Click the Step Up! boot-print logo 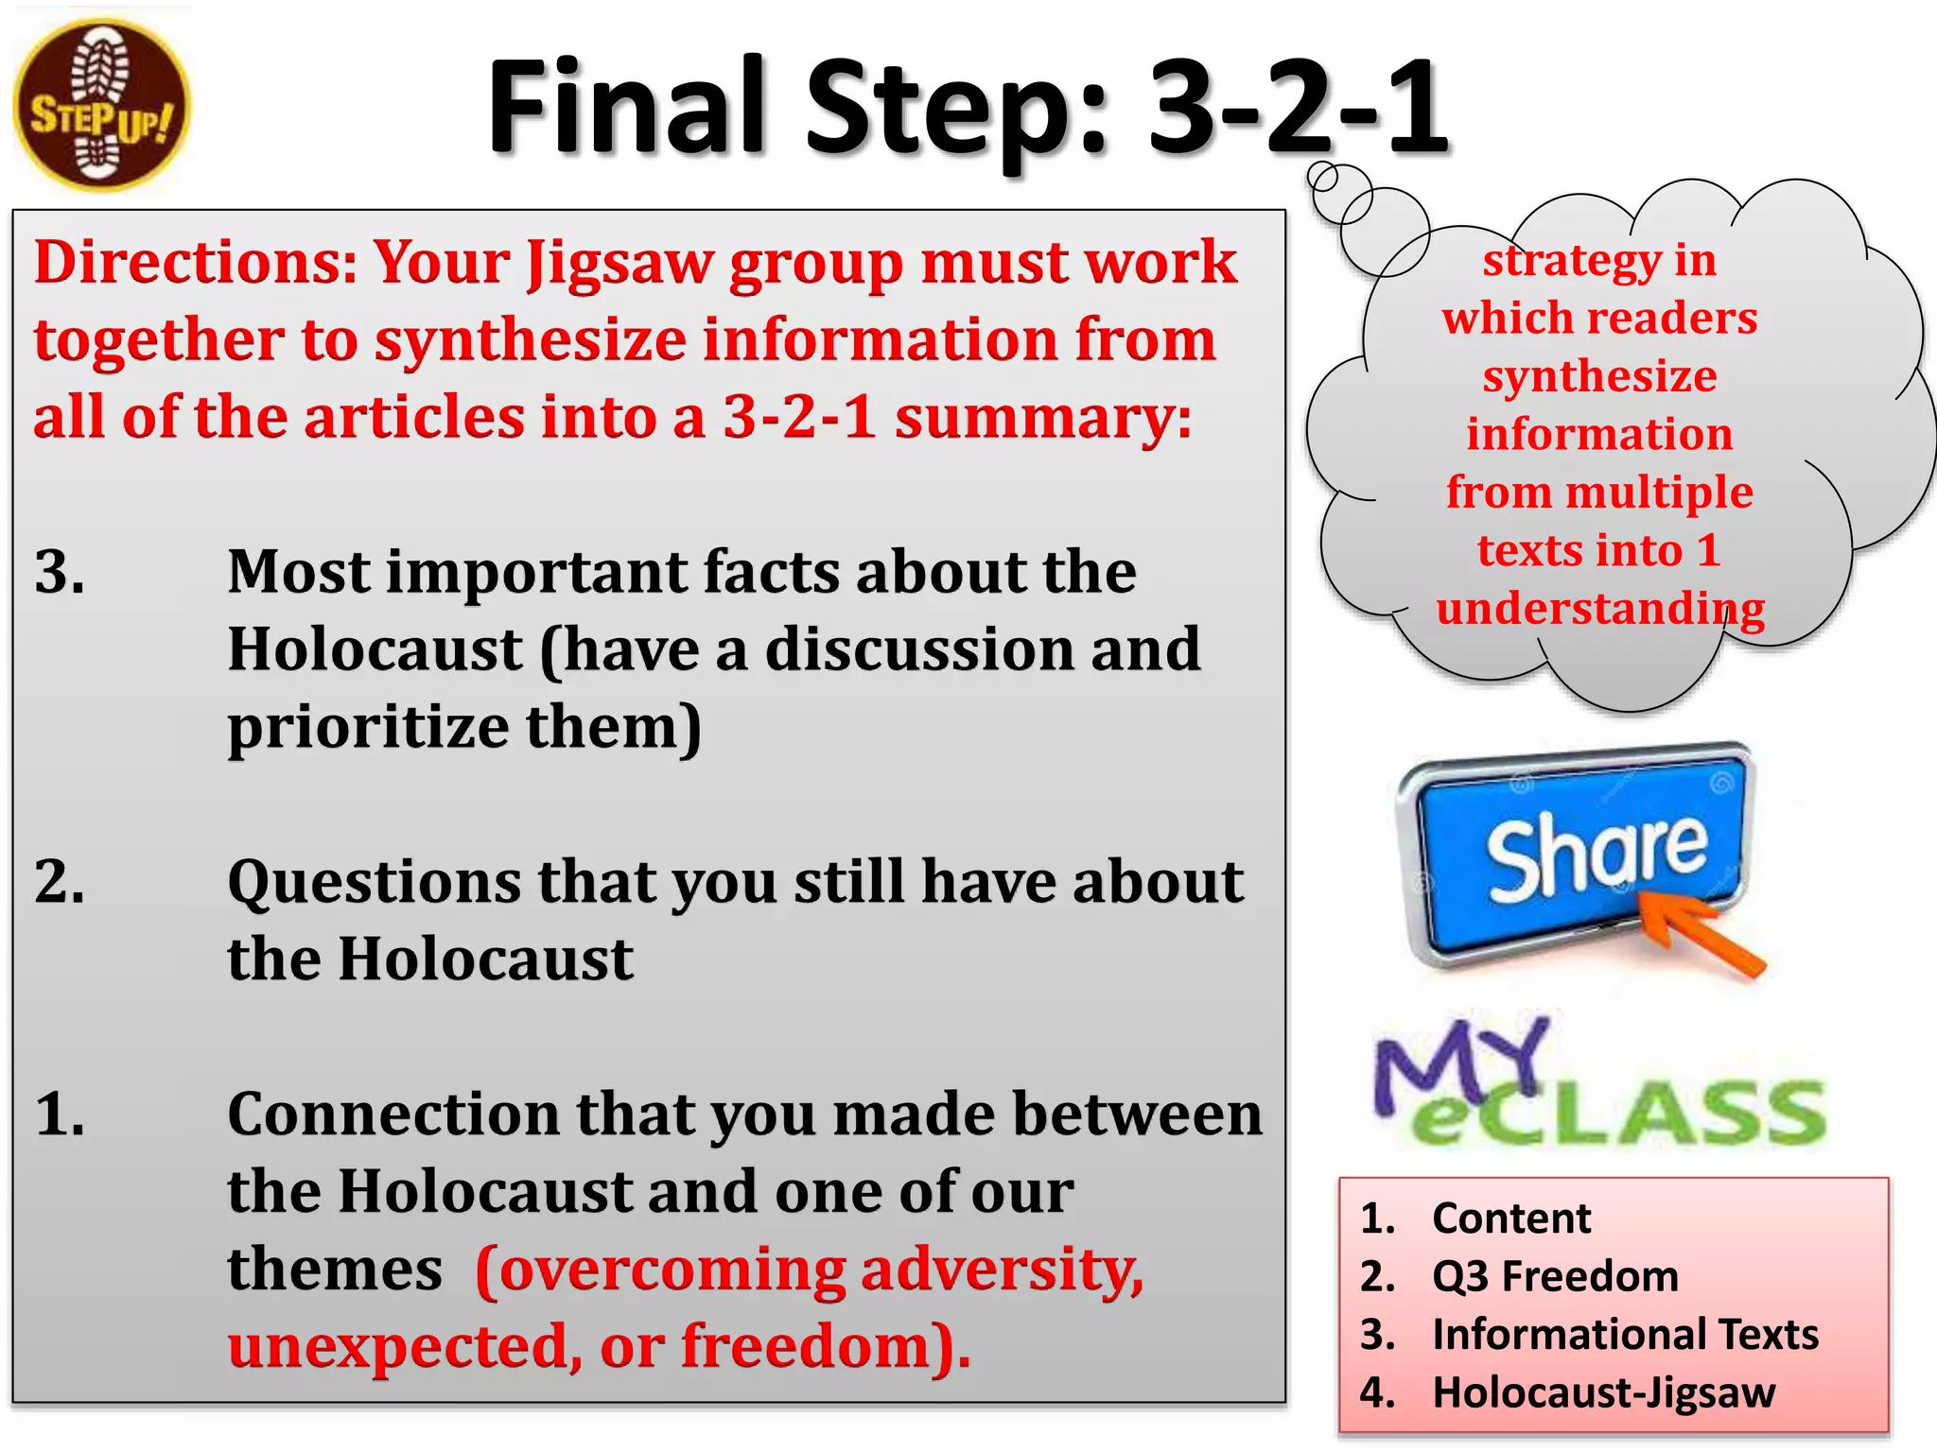click(x=102, y=106)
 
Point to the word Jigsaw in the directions click(x=619, y=264)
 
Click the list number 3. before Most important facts click(x=60, y=572)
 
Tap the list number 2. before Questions click(x=60, y=882)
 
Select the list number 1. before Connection click(x=60, y=1114)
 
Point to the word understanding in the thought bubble click(x=1600, y=609)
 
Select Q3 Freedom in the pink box click(x=1555, y=1276)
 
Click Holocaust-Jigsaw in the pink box click(x=1603, y=1392)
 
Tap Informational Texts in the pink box click(x=1625, y=1335)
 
